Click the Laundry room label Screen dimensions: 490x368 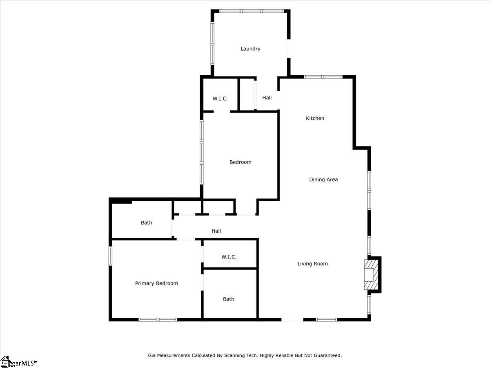(250, 49)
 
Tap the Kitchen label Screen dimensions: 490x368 (315, 118)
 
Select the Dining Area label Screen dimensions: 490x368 (323, 180)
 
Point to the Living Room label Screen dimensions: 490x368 (312, 264)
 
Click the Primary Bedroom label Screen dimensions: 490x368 (156, 283)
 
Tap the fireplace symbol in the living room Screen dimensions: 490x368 (371, 275)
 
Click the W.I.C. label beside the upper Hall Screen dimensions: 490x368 (220, 99)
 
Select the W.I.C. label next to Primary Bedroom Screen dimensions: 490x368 (229, 257)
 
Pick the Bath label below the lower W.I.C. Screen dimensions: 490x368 (229, 299)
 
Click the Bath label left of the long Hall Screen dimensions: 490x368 (147, 222)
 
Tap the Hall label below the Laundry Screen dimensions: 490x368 (267, 98)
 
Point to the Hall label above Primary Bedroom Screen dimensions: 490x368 (216, 231)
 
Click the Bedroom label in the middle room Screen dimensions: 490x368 (241, 162)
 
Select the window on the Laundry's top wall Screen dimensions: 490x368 (252, 11)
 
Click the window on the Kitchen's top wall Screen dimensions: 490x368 (323, 77)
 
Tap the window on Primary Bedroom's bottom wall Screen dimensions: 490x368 (158, 319)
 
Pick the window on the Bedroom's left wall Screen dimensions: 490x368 (201, 152)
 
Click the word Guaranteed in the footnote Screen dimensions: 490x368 (328, 355)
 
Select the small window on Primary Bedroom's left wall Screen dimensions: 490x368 (110, 256)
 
